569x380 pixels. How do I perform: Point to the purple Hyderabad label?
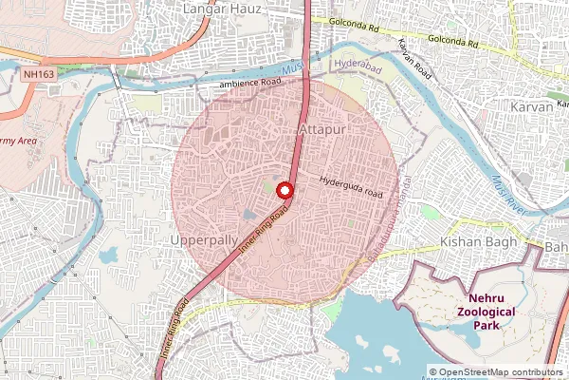coord(358,64)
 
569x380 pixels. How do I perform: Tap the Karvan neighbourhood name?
coord(532,107)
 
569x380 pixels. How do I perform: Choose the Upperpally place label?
coord(203,241)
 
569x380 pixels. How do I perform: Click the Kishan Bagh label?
coord(479,243)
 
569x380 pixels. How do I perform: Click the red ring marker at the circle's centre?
coord(284,189)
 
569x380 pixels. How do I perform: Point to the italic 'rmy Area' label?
coord(20,142)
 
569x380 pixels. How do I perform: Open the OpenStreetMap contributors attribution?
coord(495,372)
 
